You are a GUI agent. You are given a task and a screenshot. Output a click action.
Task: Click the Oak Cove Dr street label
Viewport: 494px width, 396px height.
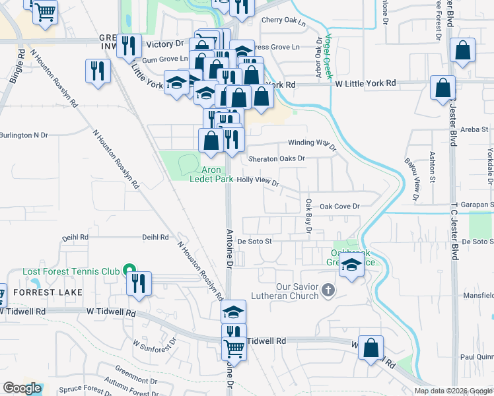tap(339, 207)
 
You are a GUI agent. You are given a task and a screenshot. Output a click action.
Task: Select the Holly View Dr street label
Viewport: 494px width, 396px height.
tap(258, 180)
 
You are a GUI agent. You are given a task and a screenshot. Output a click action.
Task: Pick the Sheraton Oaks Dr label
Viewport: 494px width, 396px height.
tap(277, 158)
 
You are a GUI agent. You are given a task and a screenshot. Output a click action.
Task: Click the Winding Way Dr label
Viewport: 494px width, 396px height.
tap(313, 145)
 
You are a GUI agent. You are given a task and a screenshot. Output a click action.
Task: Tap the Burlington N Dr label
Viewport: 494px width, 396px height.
tap(24, 135)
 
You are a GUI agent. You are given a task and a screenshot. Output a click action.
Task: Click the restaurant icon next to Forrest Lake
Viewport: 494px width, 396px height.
tap(139, 283)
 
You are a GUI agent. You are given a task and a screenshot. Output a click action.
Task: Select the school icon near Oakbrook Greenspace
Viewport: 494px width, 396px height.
tap(352, 267)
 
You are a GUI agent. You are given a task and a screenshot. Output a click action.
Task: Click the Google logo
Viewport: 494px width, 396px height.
tap(22, 388)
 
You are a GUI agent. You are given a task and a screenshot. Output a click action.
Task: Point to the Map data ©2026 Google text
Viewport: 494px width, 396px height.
tap(452, 391)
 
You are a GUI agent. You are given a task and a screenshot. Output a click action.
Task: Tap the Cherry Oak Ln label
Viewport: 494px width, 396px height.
tap(284, 21)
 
